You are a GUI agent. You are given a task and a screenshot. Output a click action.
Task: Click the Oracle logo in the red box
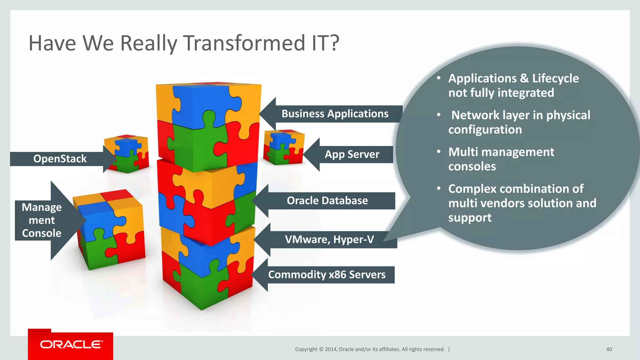pyautogui.click(x=71, y=344)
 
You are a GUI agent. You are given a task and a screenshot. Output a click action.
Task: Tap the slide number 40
pyautogui.click(x=609, y=349)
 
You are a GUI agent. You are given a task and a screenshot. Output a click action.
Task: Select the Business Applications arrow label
pyautogui.click(x=335, y=114)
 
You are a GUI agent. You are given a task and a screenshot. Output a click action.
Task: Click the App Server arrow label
pyautogui.click(x=352, y=154)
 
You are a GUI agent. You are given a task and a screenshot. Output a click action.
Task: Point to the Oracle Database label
pyautogui.click(x=327, y=201)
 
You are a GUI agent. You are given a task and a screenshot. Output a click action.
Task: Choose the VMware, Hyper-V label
pyautogui.click(x=329, y=240)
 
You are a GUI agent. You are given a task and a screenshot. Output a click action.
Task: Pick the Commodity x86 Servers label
pyautogui.click(x=327, y=275)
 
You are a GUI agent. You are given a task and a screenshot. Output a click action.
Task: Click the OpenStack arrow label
pyautogui.click(x=60, y=159)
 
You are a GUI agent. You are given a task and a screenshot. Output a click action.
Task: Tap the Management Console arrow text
pyautogui.click(x=42, y=220)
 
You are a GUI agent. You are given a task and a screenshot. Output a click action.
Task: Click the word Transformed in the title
pyautogui.click(x=244, y=43)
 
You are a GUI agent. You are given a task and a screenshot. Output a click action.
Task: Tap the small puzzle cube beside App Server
pyautogui.click(x=283, y=147)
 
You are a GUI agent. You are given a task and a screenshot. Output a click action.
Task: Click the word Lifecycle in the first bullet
pyautogui.click(x=555, y=78)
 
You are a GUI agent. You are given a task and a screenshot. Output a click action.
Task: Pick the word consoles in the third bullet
pyautogui.click(x=472, y=167)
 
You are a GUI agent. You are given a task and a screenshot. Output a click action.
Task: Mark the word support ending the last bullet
pyautogui.click(x=470, y=218)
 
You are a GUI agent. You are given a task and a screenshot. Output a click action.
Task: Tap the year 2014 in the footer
pyautogui.click(x=330, y=349)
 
